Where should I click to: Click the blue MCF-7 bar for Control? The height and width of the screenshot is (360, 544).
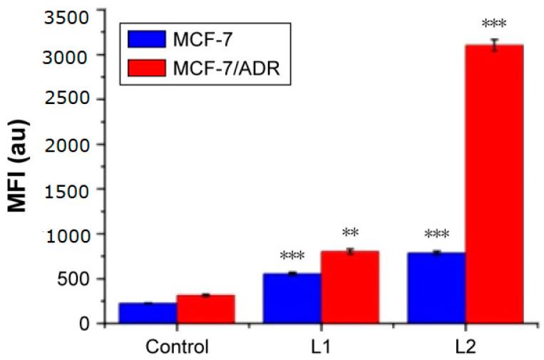coord(148,313)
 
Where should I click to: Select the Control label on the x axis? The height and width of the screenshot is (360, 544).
coord(177,347)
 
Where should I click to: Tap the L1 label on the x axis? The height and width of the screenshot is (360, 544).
coord(321,347)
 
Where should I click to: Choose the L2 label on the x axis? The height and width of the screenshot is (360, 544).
coord(465,347)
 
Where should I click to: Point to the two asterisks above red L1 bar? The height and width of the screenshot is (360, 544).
coord(349,233)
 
